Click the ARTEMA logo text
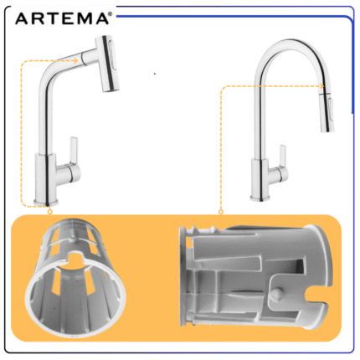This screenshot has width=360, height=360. click(62, 19)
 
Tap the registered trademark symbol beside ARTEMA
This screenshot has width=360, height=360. click(110, 14)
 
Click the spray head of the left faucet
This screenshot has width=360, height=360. click(107, 63)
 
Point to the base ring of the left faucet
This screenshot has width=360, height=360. click(46, 203)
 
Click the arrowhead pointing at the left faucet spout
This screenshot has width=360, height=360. click(75, 60)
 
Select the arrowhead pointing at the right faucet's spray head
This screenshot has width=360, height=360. click(321, 86)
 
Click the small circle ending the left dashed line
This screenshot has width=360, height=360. click(50, 212)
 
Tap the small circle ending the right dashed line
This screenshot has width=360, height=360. click(221, 212)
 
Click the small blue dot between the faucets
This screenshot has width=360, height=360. click(155, 74)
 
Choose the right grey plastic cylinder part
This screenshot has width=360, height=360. click(255, 276)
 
